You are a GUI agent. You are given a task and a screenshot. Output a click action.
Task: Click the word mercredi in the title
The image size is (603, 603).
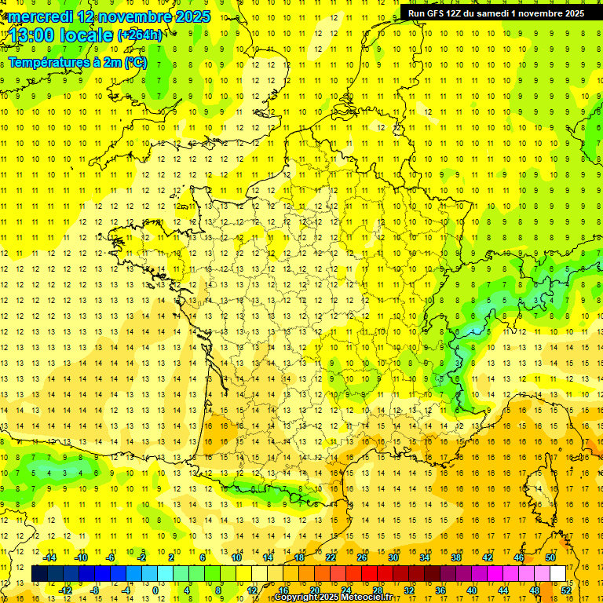click(x=40, y=16)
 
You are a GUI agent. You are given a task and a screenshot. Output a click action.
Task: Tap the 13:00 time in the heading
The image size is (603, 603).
click(x=37, y=36)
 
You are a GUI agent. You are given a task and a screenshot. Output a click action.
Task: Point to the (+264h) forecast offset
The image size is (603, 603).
click(x=140, y=35)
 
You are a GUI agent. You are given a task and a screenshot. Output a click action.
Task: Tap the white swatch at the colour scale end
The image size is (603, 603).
click(x=557, y=574)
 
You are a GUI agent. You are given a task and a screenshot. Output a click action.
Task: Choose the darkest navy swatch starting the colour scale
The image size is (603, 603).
click(x=39, y=574)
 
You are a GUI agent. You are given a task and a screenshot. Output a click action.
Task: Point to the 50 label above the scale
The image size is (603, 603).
click(x=550, y=557)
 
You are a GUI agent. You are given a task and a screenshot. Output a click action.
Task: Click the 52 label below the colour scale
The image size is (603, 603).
click(x=565, y=590)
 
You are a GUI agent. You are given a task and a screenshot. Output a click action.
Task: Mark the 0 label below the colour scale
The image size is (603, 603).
click(x=155, y=590)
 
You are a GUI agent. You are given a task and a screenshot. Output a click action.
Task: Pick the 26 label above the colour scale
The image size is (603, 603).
click(x=362, y=557)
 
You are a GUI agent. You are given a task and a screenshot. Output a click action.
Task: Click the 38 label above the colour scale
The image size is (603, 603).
click(x=456, y=557)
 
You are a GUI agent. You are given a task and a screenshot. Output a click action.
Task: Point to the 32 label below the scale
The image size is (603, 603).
click(x=409, y=590)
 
